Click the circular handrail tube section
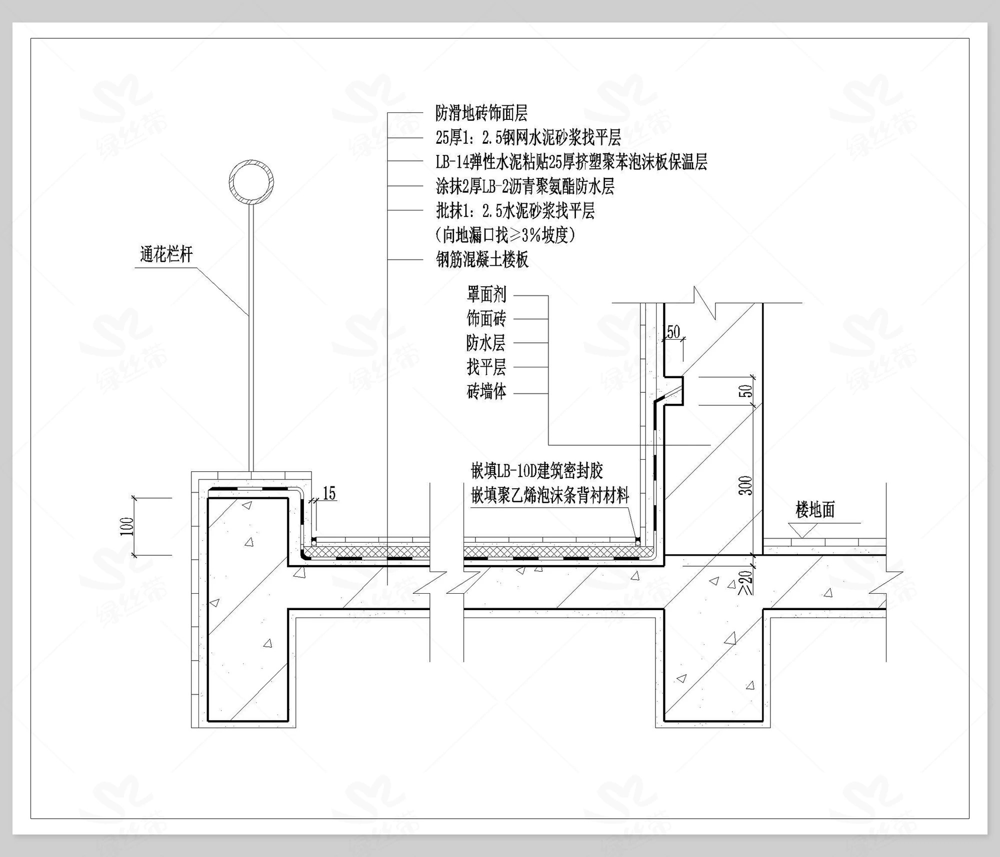click(x=251, y=181)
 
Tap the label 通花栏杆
click(x=166, y=255)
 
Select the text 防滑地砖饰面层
click(x=481, y=113)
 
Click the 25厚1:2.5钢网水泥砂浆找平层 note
click(x=528, y=137)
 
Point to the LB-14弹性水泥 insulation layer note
click(x=571, y=162)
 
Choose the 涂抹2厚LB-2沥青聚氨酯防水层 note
click(x=524, y=186)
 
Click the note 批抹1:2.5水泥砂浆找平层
click(x=515, y=211)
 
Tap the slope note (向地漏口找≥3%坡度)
click(x=505, y=235)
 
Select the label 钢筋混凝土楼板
click(x=482, y=259)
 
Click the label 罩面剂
click(x=486, y=295)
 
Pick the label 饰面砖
click(x=486, y=318)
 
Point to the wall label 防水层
click(x=486, y=343)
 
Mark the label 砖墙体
click(x=486, y=392)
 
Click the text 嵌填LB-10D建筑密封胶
click(x=536, y=471)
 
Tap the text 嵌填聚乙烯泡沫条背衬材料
click(x=550, y=496)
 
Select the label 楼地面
click(x=815, y=510)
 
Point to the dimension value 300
click(x=745, y=485)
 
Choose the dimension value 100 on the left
click(x=127, y=526)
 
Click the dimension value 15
click(x=329, y=494)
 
